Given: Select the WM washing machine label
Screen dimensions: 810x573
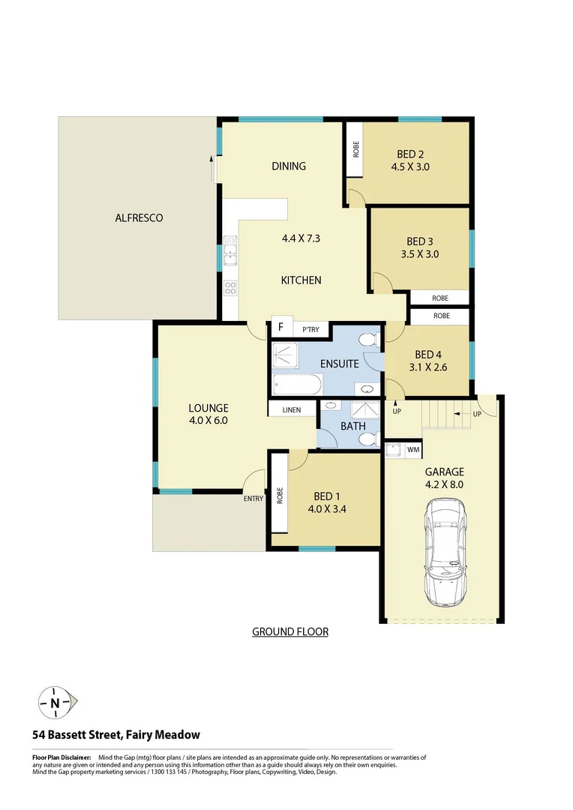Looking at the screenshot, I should [x=412, y=450].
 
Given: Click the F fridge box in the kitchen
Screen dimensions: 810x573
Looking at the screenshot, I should [x=281, y=327].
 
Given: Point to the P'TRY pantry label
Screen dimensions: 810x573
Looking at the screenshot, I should [x=310, y=328].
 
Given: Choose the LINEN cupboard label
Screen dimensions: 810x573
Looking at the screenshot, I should [x=292, y=410].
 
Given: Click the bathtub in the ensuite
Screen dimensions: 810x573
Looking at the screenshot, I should [x=296, y=386].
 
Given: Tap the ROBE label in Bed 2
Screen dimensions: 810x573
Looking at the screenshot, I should [x=355, y=150].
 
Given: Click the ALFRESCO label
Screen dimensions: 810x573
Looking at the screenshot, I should [x=139, y=218].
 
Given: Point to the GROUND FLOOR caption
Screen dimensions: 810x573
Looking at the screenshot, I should [x=290, y=632].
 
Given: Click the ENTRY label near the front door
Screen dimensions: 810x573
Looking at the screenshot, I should [x=252, y=498].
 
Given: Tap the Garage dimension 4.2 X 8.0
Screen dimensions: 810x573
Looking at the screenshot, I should [x=445, y=484].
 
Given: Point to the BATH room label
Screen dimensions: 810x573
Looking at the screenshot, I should [x=353, y=426].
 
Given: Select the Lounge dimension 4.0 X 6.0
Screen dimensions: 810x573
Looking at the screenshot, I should [x=208, y=421].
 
